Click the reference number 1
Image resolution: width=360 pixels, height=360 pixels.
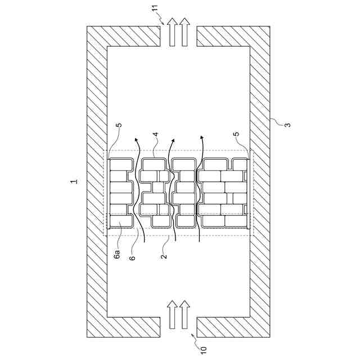[74, 181]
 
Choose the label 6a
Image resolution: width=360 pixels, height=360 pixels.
[117, 254]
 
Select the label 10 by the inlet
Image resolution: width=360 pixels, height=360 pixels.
[204, 349]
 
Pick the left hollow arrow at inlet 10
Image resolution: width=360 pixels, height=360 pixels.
[172, 315]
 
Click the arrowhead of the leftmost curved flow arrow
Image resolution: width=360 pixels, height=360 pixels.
[136, 139]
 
